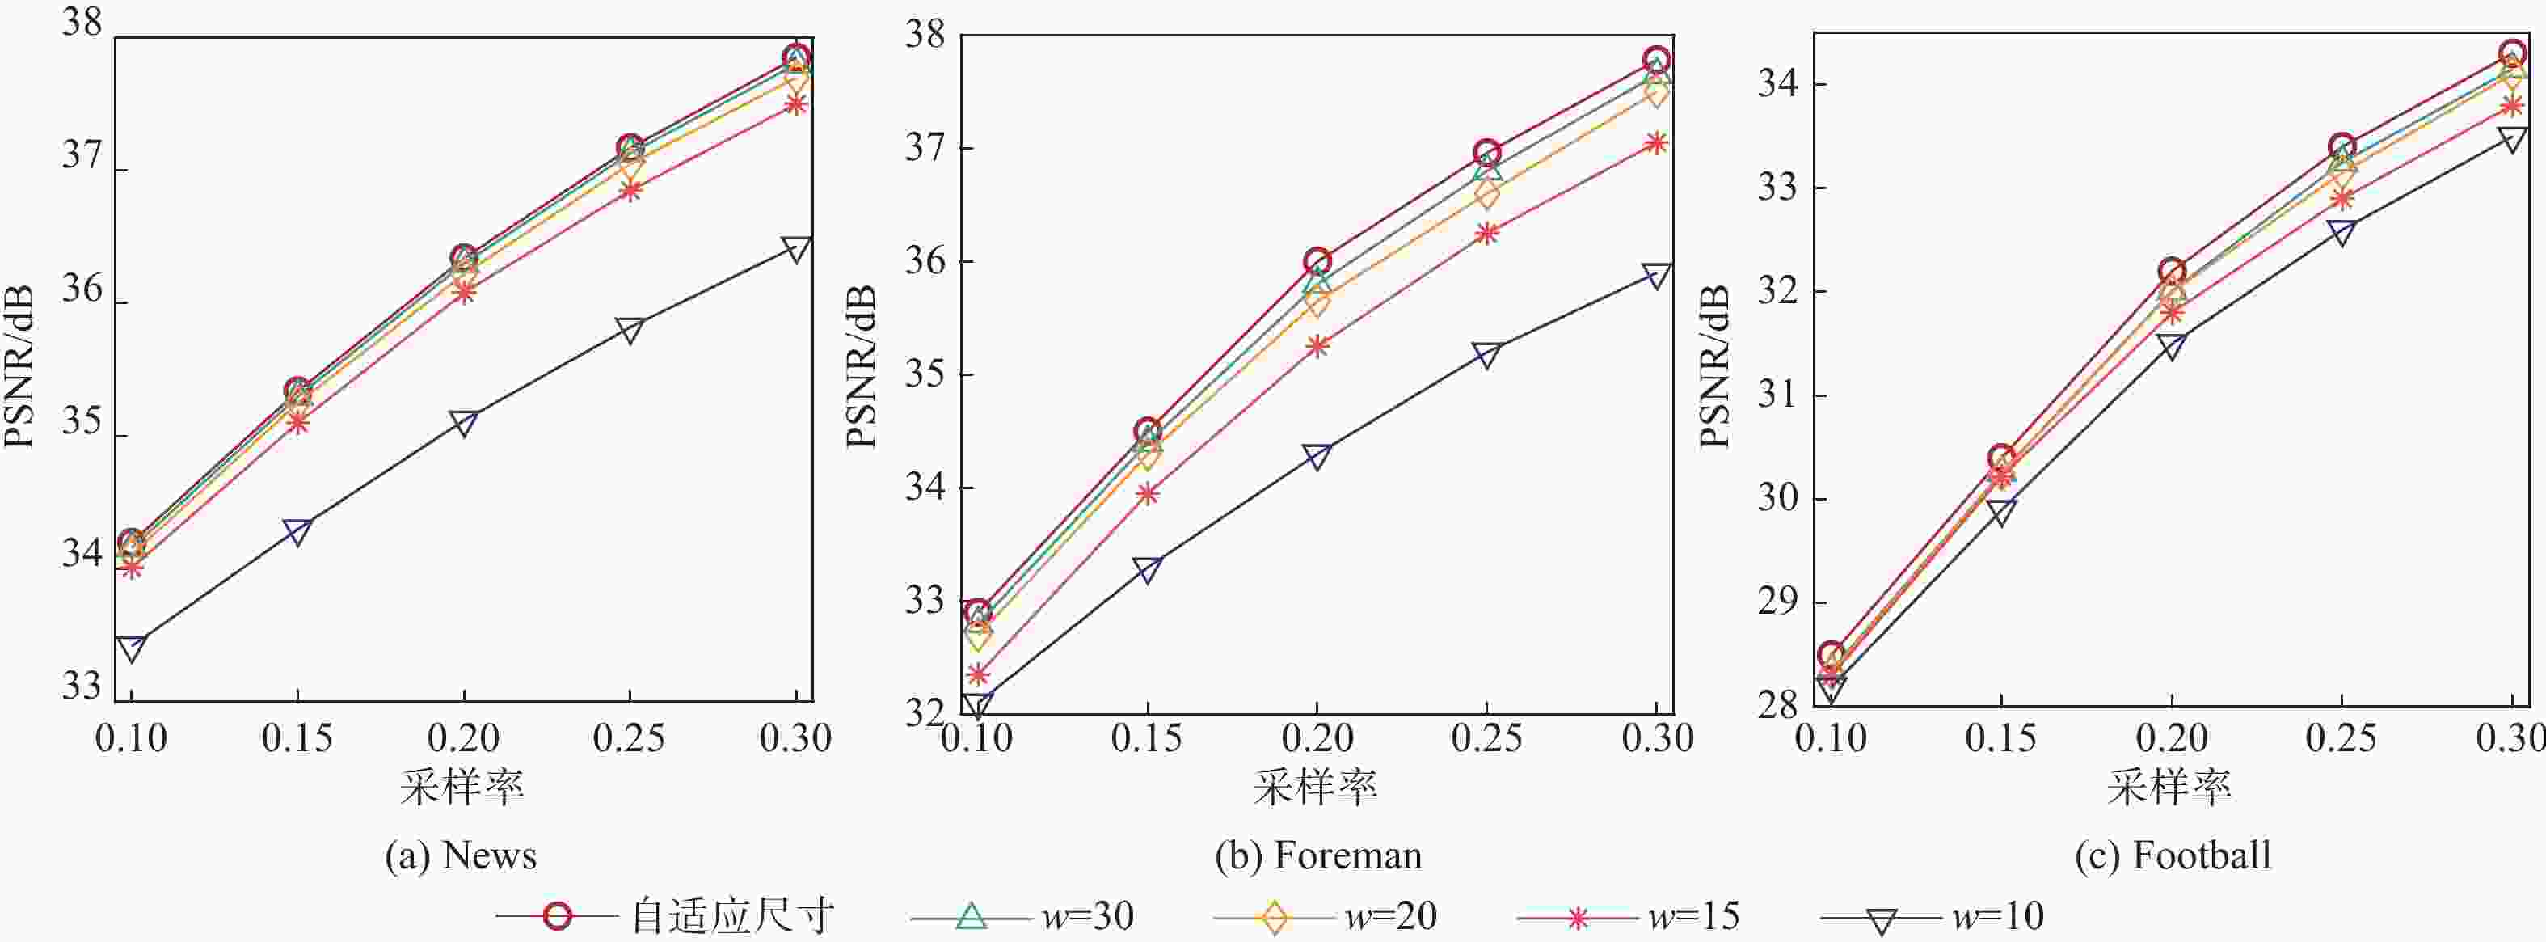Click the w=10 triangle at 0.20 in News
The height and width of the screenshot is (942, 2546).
pos(464,423)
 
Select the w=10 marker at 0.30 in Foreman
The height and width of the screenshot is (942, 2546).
pos(1656,277)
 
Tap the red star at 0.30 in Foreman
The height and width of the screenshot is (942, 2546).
pos(1656,143)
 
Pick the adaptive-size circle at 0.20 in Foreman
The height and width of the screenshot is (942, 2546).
pos(1317,262)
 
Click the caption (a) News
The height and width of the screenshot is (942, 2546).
pos(461,855)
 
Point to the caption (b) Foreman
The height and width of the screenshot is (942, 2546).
pos(1318,855)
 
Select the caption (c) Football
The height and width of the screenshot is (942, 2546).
pos(2173,855)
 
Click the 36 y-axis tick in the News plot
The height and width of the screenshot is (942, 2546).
pos(81,289)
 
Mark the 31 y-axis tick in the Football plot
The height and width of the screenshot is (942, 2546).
pos(1777,395)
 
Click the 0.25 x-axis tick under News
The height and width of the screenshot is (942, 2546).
pos(630,738)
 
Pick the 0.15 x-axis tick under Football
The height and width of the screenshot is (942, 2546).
pos(2000,738)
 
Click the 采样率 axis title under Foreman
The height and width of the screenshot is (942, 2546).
pos(1316,788)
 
